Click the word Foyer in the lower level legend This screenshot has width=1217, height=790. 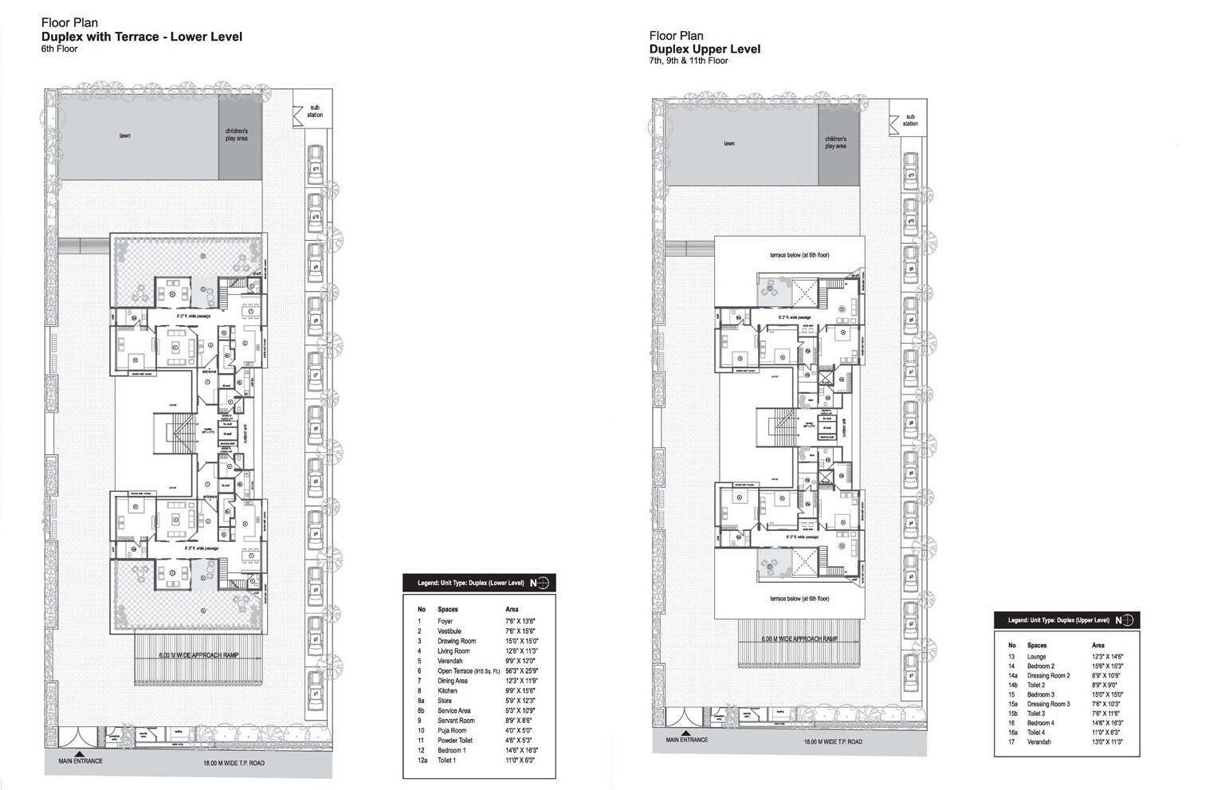click(445, 621)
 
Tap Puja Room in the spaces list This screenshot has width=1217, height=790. click(451, 730)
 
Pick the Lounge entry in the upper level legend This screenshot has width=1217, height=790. click(1036, 657)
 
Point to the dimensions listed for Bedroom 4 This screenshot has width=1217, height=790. click(1107, 723)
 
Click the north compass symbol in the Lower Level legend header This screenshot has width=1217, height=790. click(543, 583)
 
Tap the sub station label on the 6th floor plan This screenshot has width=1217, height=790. click(316, 111)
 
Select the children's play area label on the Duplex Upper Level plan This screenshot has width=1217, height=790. click(835, 143)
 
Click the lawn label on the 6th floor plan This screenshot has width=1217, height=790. click(125, 136)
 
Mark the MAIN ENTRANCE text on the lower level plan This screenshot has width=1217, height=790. click(80, 761)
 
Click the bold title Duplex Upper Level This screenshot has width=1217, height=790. click(705, 49)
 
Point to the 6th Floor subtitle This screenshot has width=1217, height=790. click(57, 49)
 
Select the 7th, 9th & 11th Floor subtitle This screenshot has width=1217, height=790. click(689, 61)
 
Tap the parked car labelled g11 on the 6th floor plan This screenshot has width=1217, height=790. click(316, 167)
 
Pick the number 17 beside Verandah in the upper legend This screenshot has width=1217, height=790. click(1011, 742)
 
